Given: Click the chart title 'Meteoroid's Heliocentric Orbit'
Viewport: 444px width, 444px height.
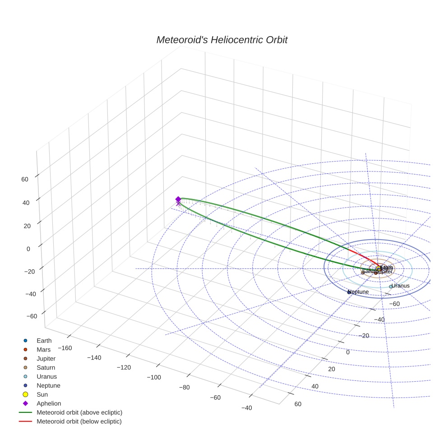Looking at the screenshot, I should pos(222,40).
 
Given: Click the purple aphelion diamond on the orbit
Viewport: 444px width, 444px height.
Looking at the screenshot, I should pos(178,199).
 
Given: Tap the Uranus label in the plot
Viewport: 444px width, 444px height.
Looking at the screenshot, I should pos(400,286).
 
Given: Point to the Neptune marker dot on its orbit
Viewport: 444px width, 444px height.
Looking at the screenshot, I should pos(349,292).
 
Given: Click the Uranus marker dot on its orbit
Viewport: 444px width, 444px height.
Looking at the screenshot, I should pos(391,287).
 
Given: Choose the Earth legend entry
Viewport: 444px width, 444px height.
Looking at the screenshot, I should pos(44,341).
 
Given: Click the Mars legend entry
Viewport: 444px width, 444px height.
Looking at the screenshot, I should pos(43,350).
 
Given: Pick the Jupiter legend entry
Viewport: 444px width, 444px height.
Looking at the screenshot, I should pos(46,359).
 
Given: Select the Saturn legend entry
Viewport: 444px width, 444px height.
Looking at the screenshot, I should pos(46,368).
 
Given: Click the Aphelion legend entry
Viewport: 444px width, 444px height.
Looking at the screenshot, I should pos(48,403).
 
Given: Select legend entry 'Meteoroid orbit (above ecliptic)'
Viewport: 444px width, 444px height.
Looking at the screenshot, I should pos(79,412).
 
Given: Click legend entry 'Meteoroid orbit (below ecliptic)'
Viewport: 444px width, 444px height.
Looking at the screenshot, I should pos(79,421).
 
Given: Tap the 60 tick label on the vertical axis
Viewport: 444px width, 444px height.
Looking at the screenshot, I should pos(24,179).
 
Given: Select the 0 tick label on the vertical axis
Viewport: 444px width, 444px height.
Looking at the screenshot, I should pos(28,249).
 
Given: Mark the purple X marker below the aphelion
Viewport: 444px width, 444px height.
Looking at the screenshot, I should pos(178,204).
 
